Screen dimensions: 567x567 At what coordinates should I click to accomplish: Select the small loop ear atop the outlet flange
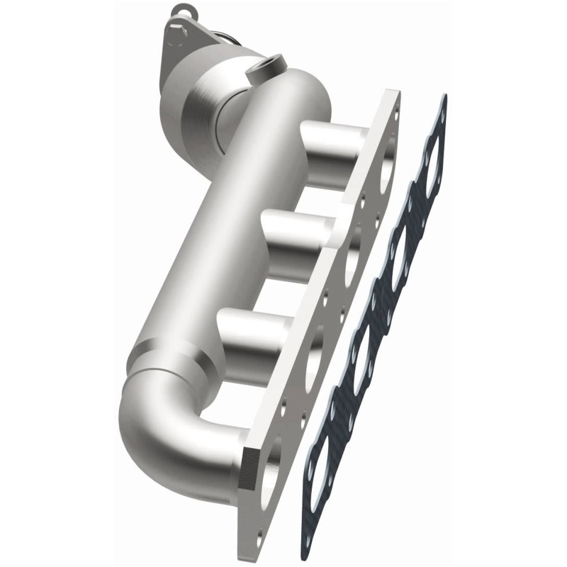point(182,12)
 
